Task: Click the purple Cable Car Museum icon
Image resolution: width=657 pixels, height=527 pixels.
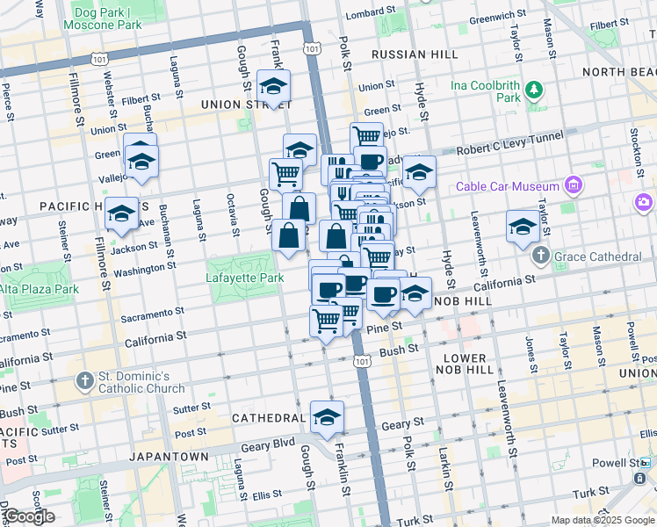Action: [x=574, y=186]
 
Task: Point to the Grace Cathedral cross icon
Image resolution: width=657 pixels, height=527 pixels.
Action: [x=540, y=256]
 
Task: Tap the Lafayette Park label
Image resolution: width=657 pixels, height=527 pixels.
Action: [x=245, y=278]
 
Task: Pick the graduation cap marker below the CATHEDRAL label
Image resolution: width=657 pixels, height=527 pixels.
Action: [x=327, y=416]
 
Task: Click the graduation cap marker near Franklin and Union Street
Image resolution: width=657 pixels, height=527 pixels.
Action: [x=274, y=86]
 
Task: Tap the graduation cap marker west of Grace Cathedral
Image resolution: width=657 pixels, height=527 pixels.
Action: [x=523, y=225]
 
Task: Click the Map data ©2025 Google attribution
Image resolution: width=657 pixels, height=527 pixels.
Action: [x=603, y=520]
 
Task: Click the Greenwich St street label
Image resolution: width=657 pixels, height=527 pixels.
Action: [x=496, y=17]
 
